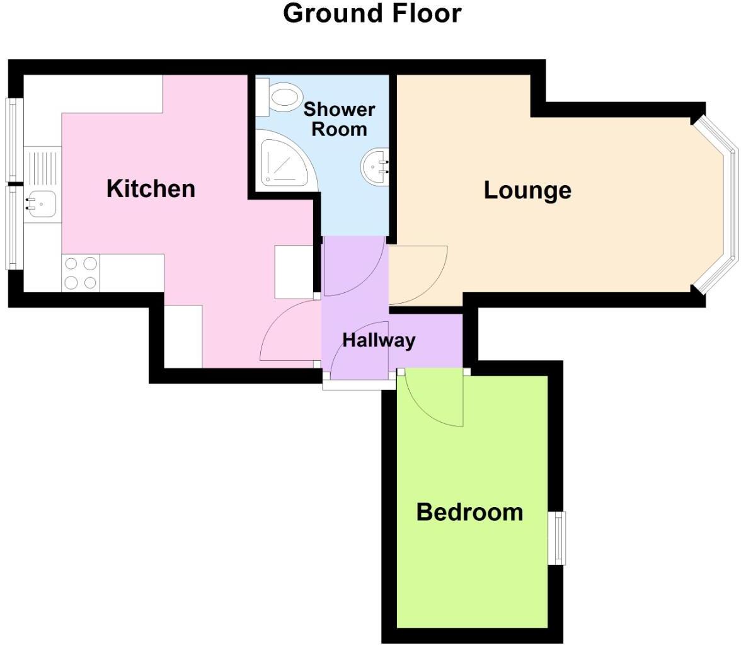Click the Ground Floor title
point(372,13)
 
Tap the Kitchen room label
point(151,188)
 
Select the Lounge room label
point(527,190)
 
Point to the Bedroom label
point(469,512)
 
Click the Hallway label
point(379,340)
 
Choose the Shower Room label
point(339,119)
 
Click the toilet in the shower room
point(280,97)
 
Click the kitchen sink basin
point(42,203)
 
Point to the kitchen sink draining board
point(43,166)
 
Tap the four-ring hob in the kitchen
point(81,273)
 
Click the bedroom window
point(558,538)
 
